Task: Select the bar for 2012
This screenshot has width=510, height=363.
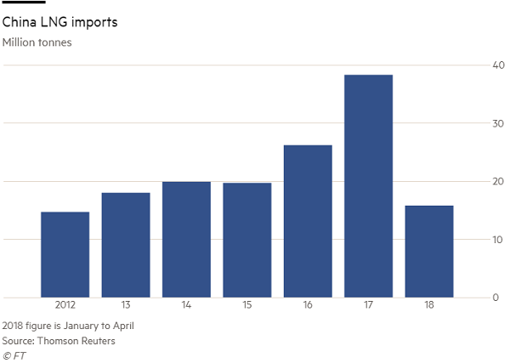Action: coord(65,255)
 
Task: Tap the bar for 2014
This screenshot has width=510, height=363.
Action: coord(186,240)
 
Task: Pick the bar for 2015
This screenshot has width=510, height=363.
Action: coord(247,241)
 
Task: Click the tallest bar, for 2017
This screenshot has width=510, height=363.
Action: coord(368,186)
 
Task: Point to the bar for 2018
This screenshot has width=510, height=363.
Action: coord(429,252)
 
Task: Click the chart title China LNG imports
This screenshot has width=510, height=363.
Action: coord(60,22)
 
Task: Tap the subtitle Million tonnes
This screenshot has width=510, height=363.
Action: coord(37,42)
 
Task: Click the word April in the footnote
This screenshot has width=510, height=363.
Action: coord(121,325)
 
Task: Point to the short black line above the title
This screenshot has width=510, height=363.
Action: coord(24,3)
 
